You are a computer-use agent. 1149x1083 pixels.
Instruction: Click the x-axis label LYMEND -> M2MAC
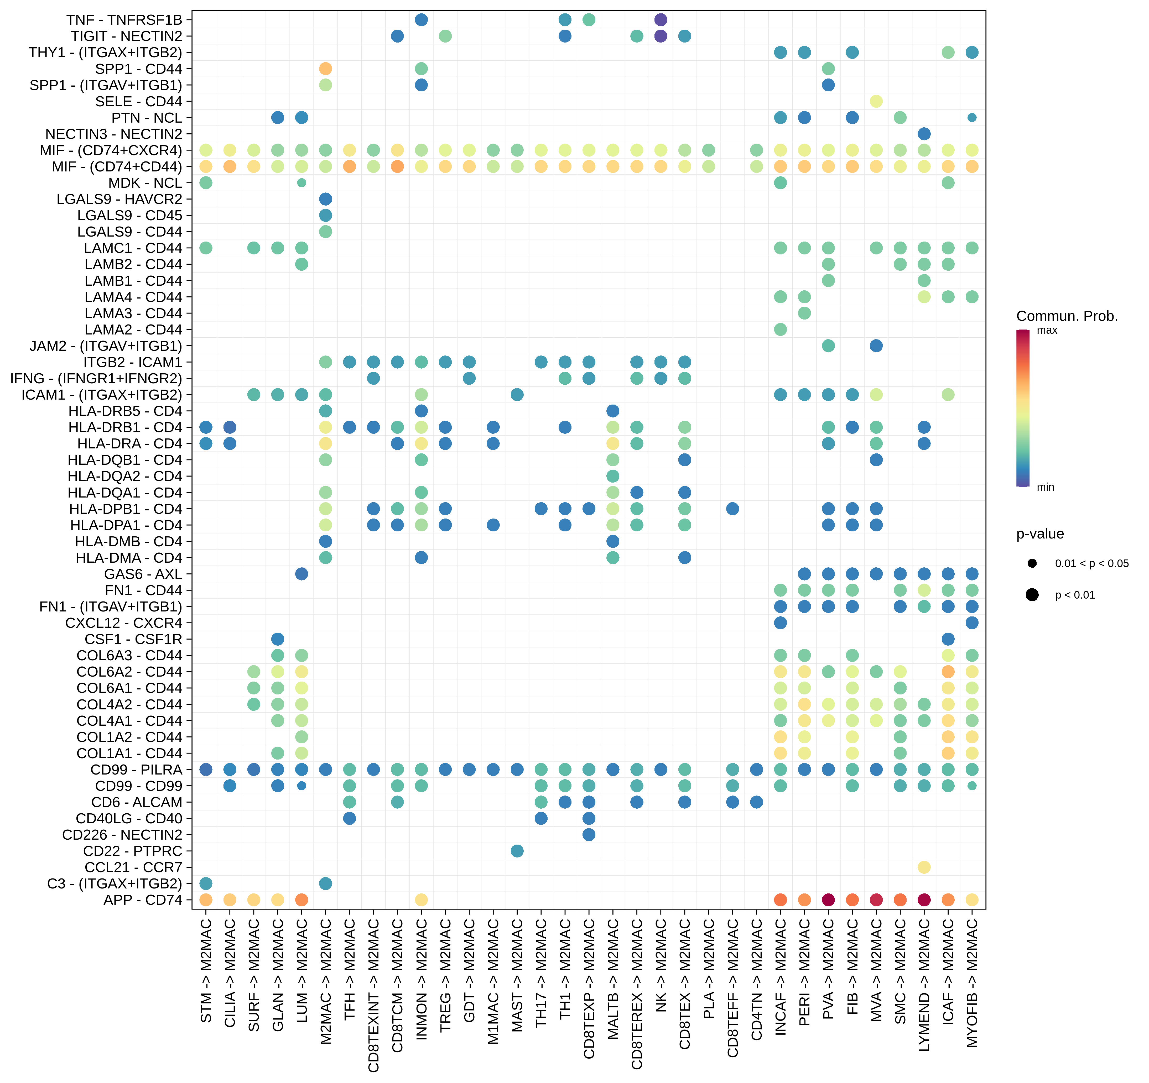click(x=924, y=985)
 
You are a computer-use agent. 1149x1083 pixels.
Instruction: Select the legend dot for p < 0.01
click(x=1032, y=595)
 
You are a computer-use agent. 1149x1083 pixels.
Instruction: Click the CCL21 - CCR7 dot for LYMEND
click(x=924, y=867)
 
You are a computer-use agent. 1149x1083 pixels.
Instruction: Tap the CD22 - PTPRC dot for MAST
click(x=517, y=851)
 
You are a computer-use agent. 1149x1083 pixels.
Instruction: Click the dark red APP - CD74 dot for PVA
click(x=828, y=900)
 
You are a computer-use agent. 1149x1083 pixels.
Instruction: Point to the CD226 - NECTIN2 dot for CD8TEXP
click(x=589, y=834)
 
